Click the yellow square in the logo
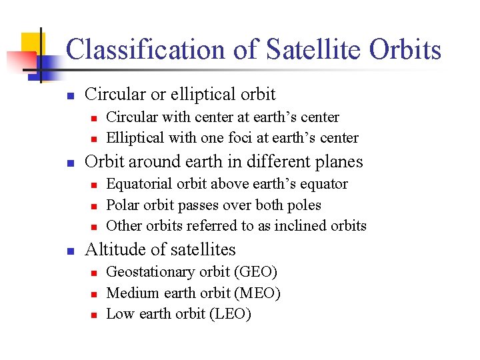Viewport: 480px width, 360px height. click(x=32, y=45)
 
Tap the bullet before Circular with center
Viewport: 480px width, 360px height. click(x=94, y=118)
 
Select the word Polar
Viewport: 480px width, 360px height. click(x=122, y=205)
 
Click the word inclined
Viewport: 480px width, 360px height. click(x=290, y=225)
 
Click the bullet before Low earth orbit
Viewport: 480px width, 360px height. click(x=94, y=315)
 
